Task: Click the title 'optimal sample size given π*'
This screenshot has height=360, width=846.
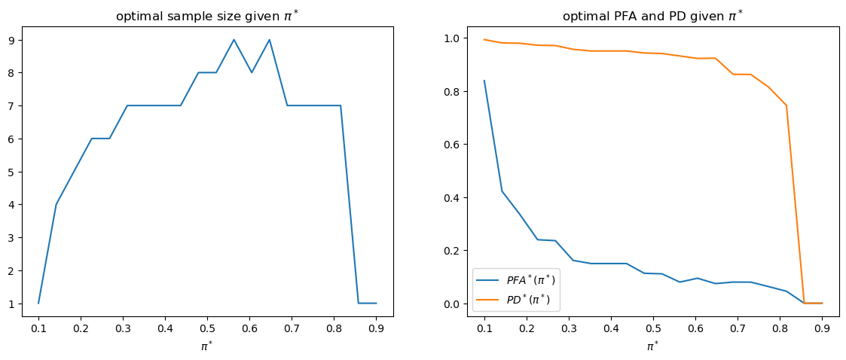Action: (x=207, y=16)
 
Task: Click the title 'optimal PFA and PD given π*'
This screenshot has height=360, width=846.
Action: (x=652, y=16)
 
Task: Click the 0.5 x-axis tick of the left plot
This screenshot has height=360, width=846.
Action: (x=207, y=328)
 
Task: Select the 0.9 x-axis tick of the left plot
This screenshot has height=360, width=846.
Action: (x=376, y=328)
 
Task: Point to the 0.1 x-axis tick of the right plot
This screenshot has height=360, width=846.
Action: (x=484, y=328)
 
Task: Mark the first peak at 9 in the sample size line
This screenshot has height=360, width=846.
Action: (x=234, y=40)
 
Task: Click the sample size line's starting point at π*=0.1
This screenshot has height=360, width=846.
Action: (x=38, y=303)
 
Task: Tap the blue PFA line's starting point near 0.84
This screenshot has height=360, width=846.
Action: (x=484, y=81)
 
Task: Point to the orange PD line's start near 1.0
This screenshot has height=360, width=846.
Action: (x=484, y=39)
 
